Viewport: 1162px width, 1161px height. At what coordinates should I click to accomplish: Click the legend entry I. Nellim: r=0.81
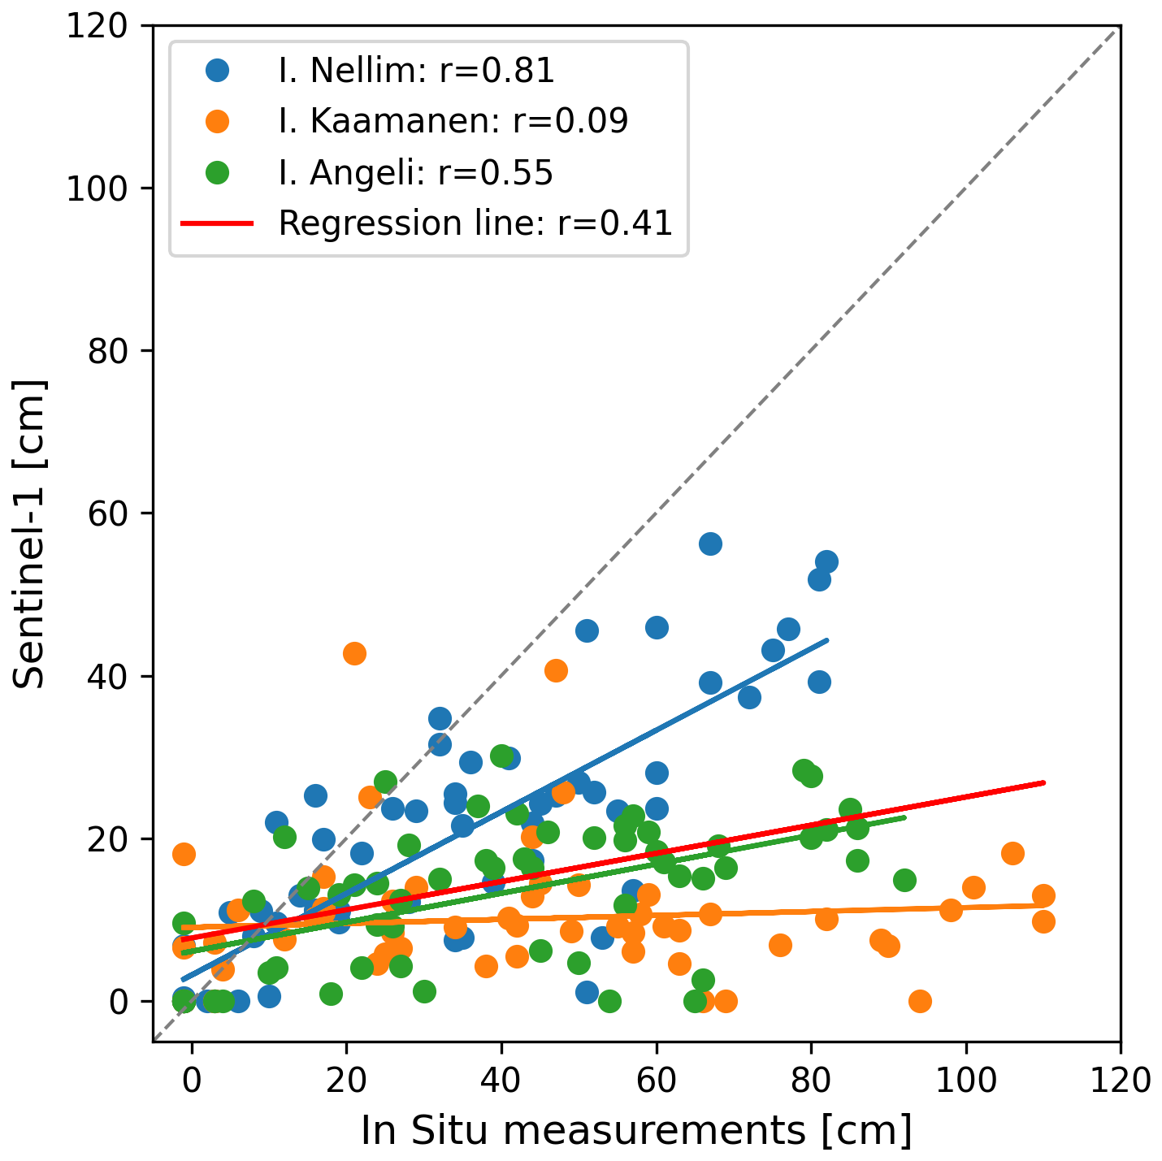coord(416,71)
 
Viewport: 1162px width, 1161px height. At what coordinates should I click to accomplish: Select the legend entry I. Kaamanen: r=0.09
coord(453,122)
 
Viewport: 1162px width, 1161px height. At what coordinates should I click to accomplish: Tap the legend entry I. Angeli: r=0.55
coord(415,172)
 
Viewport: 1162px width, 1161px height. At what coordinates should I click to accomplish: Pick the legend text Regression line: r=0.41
coord(475,223)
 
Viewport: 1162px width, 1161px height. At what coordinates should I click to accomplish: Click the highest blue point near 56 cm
coord(710,544)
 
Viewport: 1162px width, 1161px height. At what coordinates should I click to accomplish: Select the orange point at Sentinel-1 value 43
coord(354,653)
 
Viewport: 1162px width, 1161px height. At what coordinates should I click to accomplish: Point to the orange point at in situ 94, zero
coord(920,1001)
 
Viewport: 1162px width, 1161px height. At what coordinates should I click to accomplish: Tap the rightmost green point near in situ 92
coord(904,880)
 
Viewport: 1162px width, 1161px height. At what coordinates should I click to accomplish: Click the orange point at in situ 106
coord(1012,853)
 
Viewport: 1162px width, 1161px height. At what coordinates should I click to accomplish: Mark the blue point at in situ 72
coord(749,697)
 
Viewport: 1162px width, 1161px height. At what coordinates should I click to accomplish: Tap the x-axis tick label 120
coord(1121,1081)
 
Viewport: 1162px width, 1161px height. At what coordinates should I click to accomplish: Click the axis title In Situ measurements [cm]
coord(636,1131)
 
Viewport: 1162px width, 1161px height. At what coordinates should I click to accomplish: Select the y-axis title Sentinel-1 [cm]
coord(31,534)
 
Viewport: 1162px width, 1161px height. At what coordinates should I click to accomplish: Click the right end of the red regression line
coord(1043,782)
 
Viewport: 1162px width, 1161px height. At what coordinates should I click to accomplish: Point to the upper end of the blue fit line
coord(827,640)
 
